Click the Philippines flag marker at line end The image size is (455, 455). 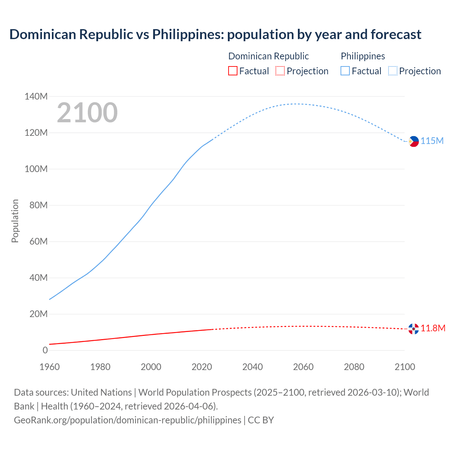click(413, 141)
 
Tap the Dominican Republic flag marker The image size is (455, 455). click(413, 329)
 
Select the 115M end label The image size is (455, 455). click(432, 141)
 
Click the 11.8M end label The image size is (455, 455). click(433, 328)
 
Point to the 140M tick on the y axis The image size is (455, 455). click(36, 96)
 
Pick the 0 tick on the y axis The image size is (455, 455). click(45, 350)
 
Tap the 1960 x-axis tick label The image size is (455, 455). click(49, 366)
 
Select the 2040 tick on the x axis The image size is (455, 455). click(252, 366)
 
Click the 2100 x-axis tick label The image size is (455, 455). click(405, 366)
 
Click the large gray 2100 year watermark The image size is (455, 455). click(87, 112)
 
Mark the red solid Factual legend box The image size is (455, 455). click(232, 71)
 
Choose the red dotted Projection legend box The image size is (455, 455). click(280, 71)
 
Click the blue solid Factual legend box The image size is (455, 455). click(345, 71)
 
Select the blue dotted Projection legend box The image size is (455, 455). click(393, 71)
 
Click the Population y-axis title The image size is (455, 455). click(15, 221)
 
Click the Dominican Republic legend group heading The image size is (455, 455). click(268, 56)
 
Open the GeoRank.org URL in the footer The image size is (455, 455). click(127, 420)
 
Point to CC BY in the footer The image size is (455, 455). click(261, 420)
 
